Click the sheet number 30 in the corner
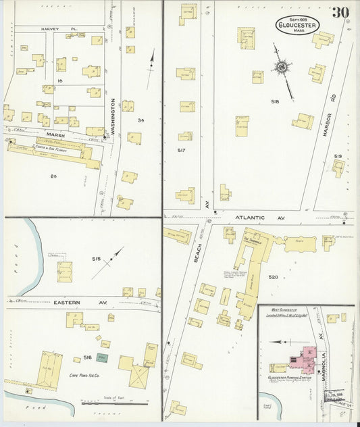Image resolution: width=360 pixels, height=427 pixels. point(340,12)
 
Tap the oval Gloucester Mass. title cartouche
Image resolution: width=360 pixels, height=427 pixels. point(297,24)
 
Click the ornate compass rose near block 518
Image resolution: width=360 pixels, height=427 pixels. point(280,67)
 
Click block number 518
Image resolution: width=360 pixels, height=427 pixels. point(275,101)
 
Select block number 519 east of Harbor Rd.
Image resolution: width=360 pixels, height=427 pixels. point(338,156)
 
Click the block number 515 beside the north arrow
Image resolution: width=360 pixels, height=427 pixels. point(97,259)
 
